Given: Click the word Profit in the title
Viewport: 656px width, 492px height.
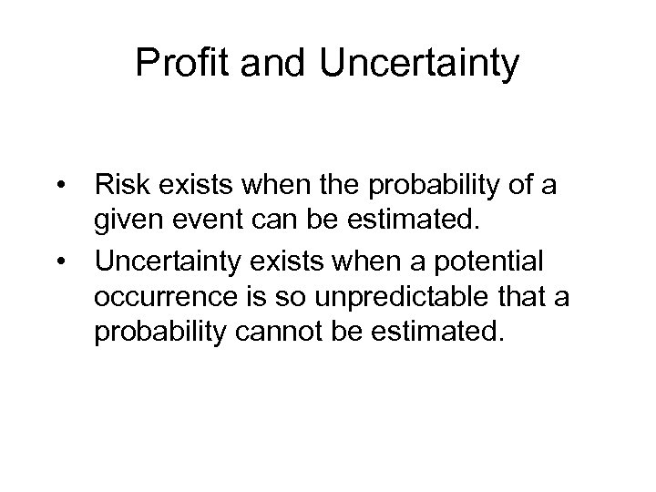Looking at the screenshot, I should click(x=177, y=64).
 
